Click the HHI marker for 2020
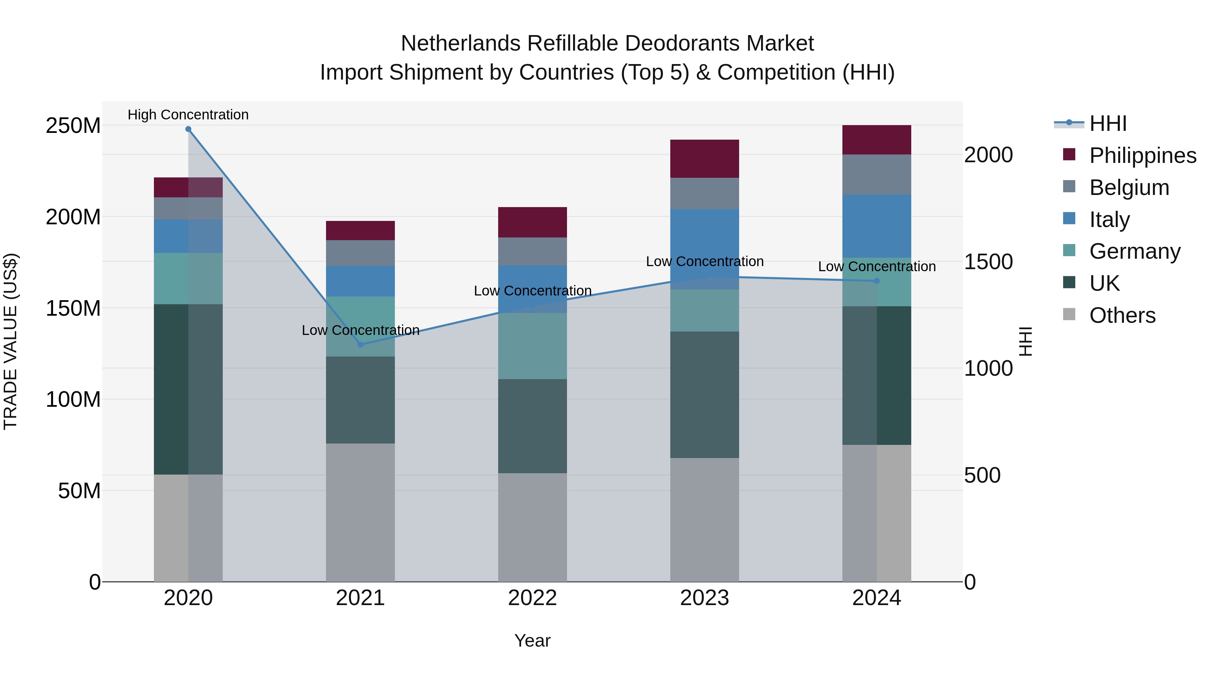188,129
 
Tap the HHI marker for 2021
360,345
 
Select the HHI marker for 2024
876,281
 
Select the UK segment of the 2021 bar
360,400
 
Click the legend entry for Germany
1134,251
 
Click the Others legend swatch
1069,314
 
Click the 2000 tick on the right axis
988,155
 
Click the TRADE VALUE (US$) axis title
10,341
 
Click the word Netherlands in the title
460,44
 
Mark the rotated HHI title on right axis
1025,341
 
